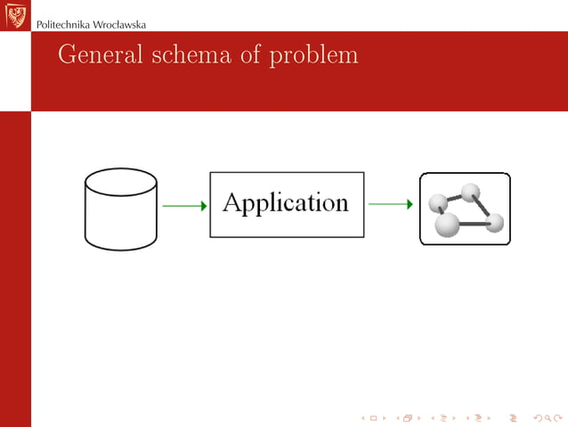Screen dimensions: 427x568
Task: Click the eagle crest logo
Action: [15, 15]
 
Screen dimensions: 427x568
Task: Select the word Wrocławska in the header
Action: [120, 24]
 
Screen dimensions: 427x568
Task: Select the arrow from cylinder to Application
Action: [184, 205]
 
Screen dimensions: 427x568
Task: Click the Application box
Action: [287, 204]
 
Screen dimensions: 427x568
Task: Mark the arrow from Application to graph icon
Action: [390, 205]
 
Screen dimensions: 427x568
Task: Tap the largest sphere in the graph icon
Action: [447, 225]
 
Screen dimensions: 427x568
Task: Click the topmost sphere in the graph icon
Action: [470, 192]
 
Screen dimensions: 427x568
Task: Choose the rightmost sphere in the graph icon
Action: [495, 222]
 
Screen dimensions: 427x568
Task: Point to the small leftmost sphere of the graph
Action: [437, 203]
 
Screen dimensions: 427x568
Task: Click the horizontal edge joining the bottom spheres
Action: [474, 225]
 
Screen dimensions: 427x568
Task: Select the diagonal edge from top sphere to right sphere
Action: [483, 207]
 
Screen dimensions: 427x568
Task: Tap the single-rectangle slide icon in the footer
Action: [373, 417]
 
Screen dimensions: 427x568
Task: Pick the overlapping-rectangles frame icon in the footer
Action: [408, 417]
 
